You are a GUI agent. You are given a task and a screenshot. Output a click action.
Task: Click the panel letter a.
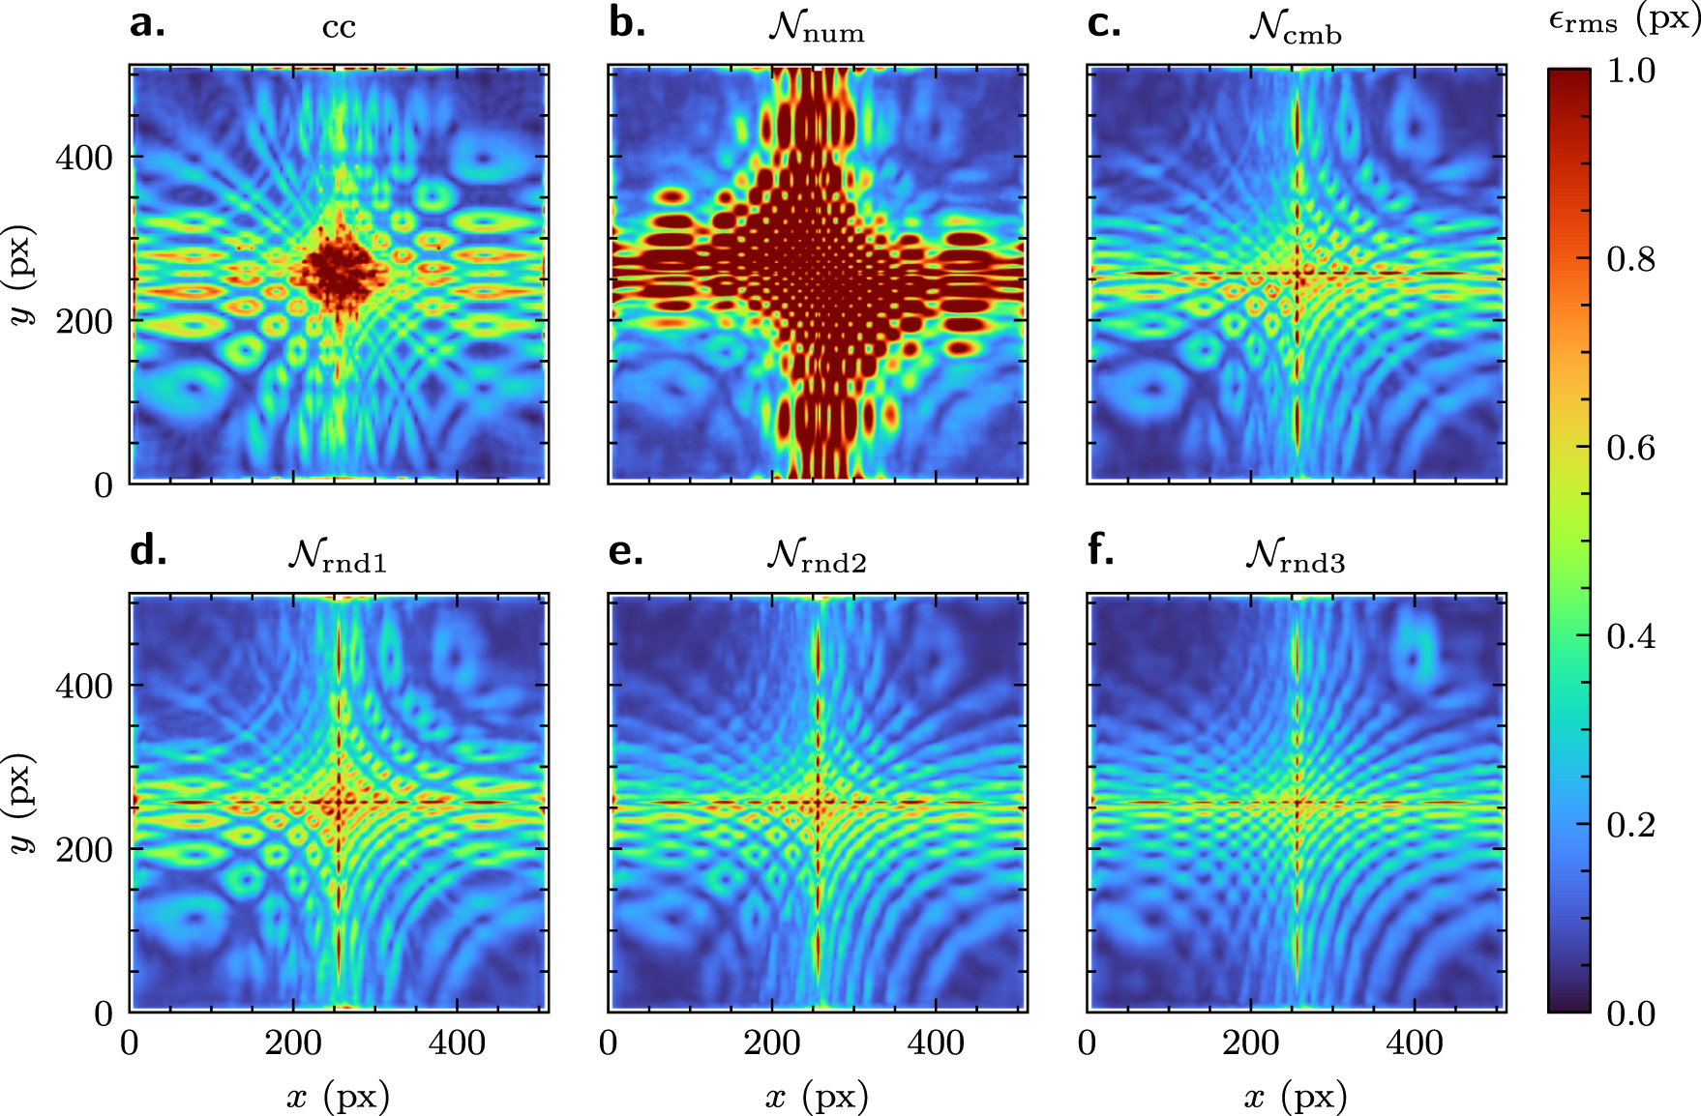tap(147, 23)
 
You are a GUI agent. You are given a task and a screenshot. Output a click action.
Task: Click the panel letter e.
tap(625, 551)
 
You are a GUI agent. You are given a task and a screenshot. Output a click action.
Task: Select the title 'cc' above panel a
tap(339, 27)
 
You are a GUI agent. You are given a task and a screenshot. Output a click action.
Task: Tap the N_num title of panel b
tap(816, 27)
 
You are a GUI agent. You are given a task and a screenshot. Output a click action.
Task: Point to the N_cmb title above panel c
tap(1295, 27)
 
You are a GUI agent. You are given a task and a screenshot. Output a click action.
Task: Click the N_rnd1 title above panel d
tap(337, 556)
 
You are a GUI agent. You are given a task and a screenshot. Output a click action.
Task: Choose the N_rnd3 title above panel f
tap(1295, 556)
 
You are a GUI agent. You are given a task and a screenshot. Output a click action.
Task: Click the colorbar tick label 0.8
tap(1631, 259)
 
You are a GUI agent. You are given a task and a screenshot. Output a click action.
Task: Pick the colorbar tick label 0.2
tap(1631, 825)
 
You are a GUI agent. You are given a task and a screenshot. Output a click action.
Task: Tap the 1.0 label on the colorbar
tap(1631, 71)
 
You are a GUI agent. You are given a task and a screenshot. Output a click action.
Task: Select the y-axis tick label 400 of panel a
tap(84, 158)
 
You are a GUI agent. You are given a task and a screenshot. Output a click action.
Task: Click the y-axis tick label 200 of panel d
tap(84, 850)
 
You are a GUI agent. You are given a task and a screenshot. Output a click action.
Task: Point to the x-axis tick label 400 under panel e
tap(936, 1043)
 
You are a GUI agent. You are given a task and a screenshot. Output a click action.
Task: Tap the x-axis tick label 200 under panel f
tap(1250, 1043)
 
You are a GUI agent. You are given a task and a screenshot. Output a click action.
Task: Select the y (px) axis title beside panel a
tap(21, 276)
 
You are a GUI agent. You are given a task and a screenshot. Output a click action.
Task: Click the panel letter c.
tap(1104, 23)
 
